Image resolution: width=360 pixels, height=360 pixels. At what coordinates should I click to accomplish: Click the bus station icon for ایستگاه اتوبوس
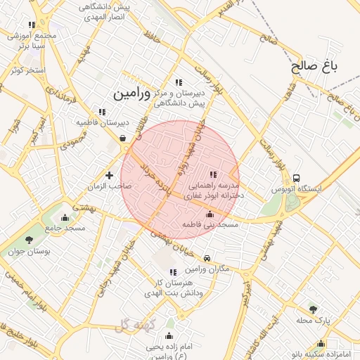[x=297, y=179]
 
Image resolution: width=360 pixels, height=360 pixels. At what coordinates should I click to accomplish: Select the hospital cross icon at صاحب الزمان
[x=109, y=175]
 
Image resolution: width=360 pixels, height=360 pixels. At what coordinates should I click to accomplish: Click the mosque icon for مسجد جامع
[x=65, y=217]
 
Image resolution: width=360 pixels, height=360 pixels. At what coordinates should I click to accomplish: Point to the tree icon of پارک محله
[x=313, y=309]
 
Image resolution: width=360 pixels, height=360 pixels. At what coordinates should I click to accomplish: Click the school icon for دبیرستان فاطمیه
[x=103, y=111]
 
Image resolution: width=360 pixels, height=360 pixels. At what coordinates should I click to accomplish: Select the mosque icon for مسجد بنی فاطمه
[x=209, y=214]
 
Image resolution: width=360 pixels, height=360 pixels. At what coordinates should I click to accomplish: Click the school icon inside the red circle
[x=213, y=174]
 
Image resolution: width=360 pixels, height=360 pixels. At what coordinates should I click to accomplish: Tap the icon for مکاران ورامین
[x=207, y=259]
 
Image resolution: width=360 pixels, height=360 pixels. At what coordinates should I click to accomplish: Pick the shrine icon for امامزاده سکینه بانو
[x=321, y=344]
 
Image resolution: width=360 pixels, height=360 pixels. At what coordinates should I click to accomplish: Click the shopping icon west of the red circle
[x=124, y=139]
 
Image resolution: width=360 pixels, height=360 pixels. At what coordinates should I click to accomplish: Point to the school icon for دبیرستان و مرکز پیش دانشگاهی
[x=178, y=82]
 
